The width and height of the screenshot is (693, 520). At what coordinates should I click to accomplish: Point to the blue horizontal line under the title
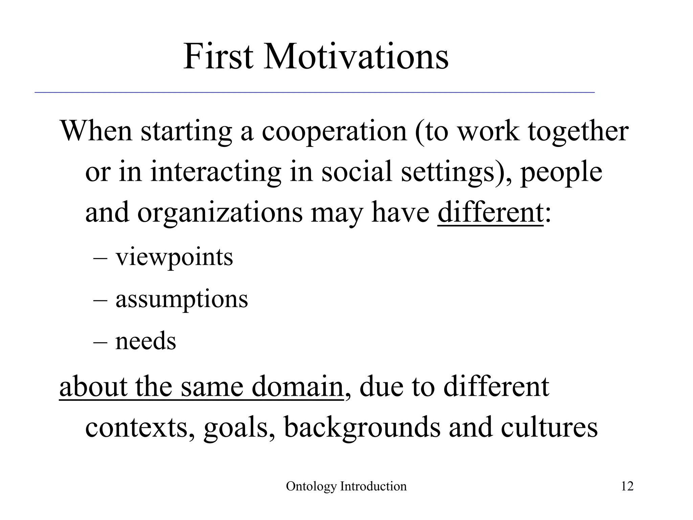[315, 92]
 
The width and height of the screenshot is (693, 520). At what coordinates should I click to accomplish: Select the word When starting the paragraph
[96, 131]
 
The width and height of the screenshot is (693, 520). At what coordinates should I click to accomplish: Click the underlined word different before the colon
[490, 213]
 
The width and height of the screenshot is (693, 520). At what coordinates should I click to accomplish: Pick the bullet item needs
[146, 341]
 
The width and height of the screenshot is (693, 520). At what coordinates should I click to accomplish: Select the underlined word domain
[297, 387]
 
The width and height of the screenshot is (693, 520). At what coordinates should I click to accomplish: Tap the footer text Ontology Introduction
[346, 486]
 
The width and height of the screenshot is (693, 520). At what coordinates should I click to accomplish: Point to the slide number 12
[627, 486]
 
